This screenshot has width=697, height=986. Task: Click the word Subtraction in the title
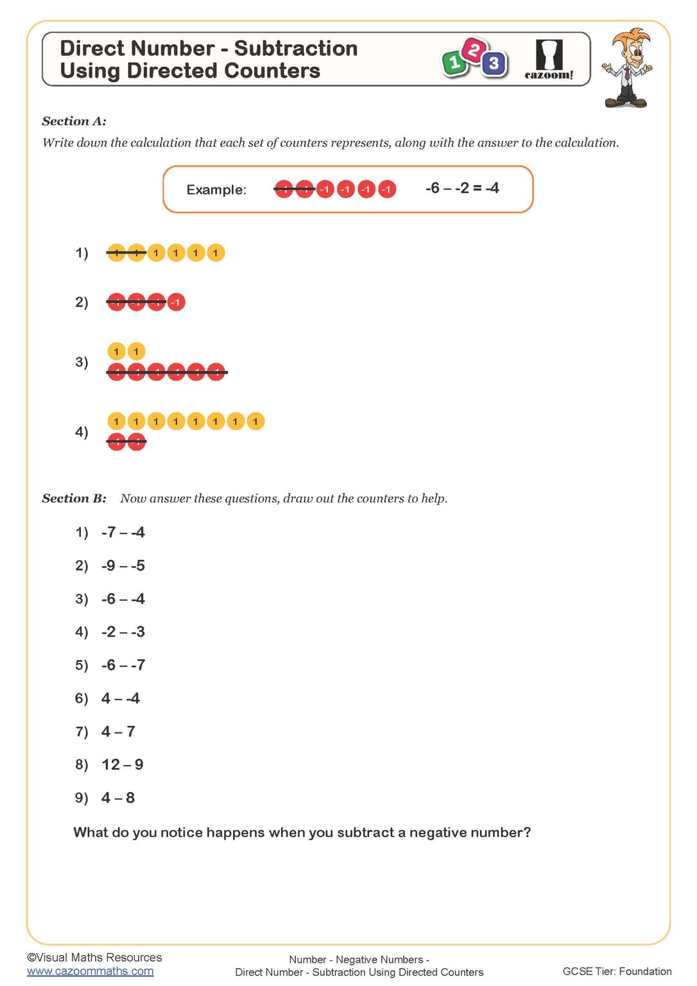tap(295, 49)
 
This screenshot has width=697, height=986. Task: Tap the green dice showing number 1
tap(454, 63)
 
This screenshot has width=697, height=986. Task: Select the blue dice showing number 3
tap(494, 64)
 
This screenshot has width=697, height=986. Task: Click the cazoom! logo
tap(549, 60)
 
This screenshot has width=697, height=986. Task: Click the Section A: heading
tap(74, 121)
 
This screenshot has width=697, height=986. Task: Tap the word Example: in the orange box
tap(216, 190)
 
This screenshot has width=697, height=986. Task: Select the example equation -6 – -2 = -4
tap(462, 188)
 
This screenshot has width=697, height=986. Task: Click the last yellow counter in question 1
tap(216, 253)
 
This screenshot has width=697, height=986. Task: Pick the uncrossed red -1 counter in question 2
tap(176, 302)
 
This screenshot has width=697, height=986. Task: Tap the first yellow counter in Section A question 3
tap(116, 351)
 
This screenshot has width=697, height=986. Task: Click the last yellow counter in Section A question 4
tap(255, 421)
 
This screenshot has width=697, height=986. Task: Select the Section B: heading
tap(74, 499)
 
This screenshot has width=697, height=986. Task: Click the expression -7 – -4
tap(123, 532)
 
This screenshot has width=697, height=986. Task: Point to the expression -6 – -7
tap(123, 665)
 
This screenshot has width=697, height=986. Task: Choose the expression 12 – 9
tap(123, 765)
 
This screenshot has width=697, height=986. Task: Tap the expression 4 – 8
tap(118, 798)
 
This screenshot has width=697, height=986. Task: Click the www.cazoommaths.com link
tap(90, 971)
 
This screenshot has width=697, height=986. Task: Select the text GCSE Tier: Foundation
tap(617, 971)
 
